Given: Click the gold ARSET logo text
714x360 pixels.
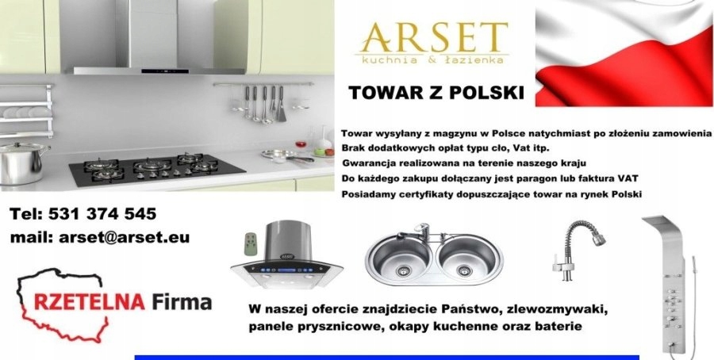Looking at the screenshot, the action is click(433, 37).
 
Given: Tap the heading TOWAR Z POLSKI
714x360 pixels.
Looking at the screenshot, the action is click(436, 93).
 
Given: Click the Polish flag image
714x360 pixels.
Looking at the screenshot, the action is click(624, 53).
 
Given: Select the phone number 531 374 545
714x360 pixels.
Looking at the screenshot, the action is click(102, 214).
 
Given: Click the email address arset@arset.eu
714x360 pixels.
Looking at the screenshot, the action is click(124, 238).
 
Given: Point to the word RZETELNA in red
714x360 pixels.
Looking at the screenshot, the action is click(89, 302).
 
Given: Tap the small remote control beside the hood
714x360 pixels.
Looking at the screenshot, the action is click(250, 243).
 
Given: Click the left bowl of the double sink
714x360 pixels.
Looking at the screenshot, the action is click(401, 256).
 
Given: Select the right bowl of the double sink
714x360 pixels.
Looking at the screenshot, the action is click(464, 256).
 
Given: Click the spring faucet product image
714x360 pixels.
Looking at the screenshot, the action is click(578, 251).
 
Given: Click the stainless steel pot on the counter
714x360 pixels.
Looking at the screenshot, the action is click(23, 163).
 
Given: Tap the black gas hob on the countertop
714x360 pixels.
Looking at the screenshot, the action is click(157, 170).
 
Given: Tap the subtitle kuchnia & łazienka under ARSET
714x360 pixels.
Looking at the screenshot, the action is click(432, 59).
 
